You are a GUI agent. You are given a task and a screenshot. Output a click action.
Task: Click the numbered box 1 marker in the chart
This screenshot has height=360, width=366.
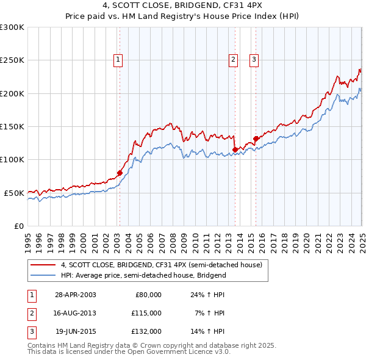point(117,59)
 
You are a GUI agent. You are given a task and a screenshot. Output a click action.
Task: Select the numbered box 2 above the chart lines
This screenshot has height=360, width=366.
point(233,59)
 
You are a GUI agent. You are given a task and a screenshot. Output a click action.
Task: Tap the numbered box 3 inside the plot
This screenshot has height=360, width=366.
point(254,59)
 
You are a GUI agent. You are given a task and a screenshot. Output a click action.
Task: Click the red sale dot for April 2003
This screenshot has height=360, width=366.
point(120,173)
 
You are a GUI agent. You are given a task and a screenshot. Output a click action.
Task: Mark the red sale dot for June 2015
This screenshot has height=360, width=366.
point(256,139)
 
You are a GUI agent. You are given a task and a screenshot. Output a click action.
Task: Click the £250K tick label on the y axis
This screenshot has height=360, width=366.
point(12,60)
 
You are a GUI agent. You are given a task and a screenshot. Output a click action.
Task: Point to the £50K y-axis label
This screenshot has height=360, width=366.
point(15,193)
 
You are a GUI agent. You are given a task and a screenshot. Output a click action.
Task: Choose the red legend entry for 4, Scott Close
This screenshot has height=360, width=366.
point(161,265)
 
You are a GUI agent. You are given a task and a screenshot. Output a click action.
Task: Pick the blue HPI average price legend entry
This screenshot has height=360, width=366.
point(143,275)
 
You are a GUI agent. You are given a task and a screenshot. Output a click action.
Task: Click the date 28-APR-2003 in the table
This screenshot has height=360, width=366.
point(76,295)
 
